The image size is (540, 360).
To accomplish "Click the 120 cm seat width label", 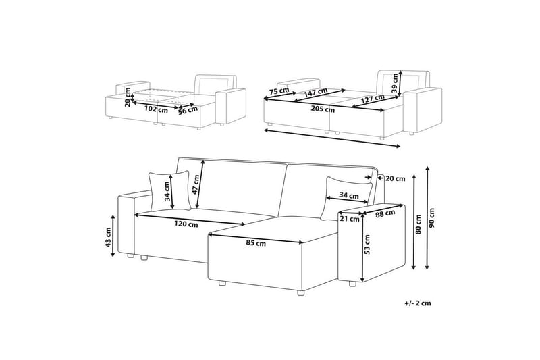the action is coord(186,224).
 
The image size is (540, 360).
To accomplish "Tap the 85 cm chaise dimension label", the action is coord(256,243).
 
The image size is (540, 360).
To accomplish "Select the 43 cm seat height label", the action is coord(108,237).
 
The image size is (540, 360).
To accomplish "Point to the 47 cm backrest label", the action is coord(196,184).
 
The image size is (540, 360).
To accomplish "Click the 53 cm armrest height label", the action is coord(367,245).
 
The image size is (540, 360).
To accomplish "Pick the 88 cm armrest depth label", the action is coord(385,214).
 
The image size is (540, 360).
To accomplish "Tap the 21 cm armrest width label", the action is coord(349,219).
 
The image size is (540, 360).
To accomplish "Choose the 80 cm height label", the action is coord(418,225).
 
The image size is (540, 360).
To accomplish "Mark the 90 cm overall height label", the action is coord(432,218).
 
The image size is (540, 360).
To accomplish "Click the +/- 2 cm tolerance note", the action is coord(418,303).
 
